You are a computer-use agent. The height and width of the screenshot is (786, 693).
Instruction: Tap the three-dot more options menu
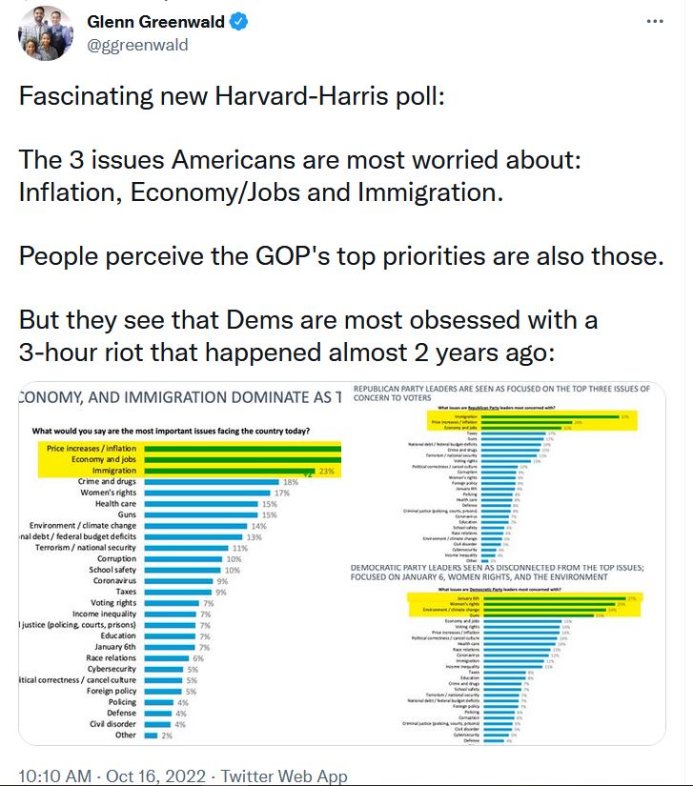point(654,21)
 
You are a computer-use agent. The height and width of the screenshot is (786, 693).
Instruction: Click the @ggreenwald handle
point(137,45)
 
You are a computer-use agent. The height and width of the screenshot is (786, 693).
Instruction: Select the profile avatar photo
point(46,32)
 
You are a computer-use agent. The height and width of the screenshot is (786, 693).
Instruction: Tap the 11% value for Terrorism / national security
point(240,548)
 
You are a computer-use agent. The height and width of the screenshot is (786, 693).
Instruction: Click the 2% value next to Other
point(167,735)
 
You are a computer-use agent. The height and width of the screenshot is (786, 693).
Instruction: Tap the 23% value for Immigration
point(328,470)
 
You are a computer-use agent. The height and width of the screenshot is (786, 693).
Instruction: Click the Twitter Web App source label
point(285,776)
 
